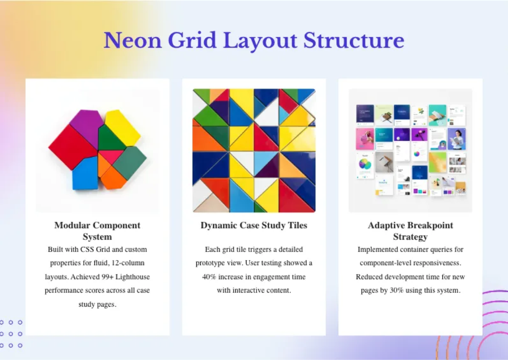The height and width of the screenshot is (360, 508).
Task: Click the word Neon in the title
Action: coord(133,41)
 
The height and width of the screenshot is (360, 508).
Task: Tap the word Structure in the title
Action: coord(353,41)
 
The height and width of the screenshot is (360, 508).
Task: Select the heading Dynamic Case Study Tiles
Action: coord(254,225)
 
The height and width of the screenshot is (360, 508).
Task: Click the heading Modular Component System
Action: coord(97,231)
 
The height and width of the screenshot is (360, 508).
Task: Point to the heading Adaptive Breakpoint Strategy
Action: coord(410,231)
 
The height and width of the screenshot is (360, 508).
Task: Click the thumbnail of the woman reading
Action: coord(457,139)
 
